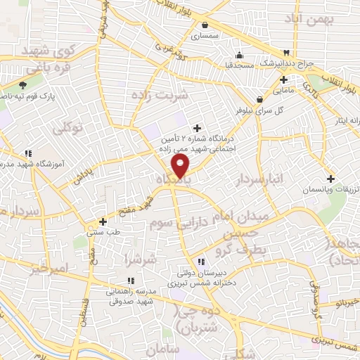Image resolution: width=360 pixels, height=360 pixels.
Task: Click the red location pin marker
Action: [x=181, y=166]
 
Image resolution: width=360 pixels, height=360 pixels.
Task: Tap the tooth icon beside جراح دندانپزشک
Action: [x=286, y=53]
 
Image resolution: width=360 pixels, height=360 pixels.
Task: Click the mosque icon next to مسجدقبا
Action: [x=239, y=56]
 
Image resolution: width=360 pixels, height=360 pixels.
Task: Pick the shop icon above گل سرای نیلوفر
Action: [x=260, y=100]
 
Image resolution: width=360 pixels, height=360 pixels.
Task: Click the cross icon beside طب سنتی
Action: [x=103, y=221]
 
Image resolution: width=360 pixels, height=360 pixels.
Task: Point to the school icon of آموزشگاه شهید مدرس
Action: [x=28, y=153]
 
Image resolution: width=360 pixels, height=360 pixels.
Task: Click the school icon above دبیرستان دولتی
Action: [x=201, y=262]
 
